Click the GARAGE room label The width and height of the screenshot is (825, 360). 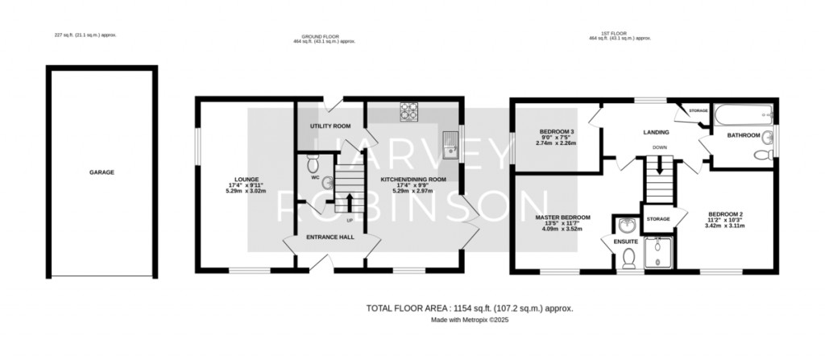pyautogui.click(x=102, y=172)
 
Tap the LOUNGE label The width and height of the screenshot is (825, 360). pyautogui.click(x=245, y=180)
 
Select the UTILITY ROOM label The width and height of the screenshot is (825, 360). pyautogui.click(x=330, y=126)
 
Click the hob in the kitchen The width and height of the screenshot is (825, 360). pyautogui.click(x=409, y=113)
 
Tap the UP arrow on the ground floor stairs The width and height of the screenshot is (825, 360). pyautogui.click(x=350, y=197)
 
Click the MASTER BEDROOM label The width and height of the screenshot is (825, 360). pyautogui.click(x=562, y=217)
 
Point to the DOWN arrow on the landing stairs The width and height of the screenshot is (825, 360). pyautogui.click(x=660, y=168)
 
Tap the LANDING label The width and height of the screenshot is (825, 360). pyautogui.click(x=657, y=131)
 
